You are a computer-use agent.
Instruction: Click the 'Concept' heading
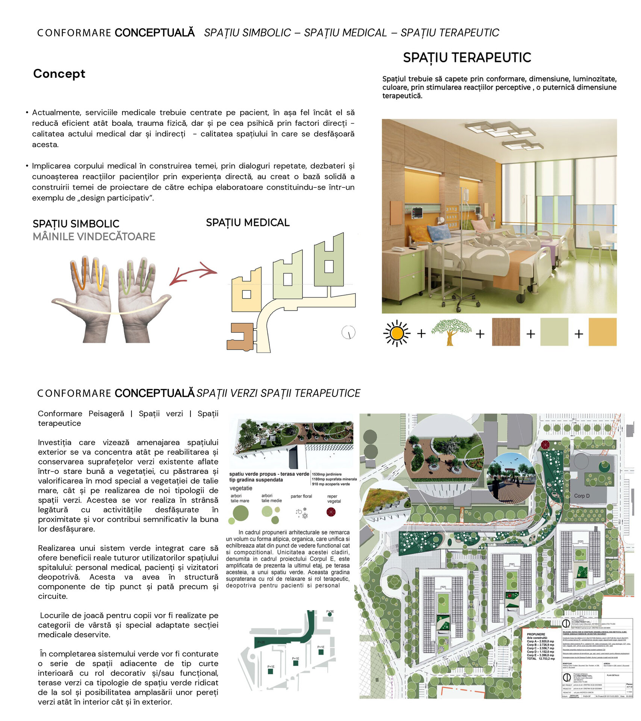pos(59,74)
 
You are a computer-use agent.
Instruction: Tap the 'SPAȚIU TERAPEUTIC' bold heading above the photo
pos(467,57)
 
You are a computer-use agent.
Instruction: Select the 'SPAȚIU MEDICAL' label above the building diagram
pos(248,222)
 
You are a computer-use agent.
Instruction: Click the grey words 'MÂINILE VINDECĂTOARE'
pos(94,237)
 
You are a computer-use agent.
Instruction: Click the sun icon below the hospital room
pos(396,333)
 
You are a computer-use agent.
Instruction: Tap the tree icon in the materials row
pos(451,332)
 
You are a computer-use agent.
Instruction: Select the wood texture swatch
pos(506,332)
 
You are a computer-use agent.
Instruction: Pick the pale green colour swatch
pos(554,332)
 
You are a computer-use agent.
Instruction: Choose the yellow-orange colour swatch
pos(602,332)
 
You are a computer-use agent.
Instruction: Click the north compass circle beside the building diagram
pos(348,332)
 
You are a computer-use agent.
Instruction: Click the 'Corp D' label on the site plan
pos(582,496)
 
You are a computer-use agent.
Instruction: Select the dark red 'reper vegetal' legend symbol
pos(331,512)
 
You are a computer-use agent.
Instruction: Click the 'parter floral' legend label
pos(301,496)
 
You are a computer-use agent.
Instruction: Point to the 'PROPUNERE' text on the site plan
pos(536,634)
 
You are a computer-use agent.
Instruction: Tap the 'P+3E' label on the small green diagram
pos(330,612)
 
